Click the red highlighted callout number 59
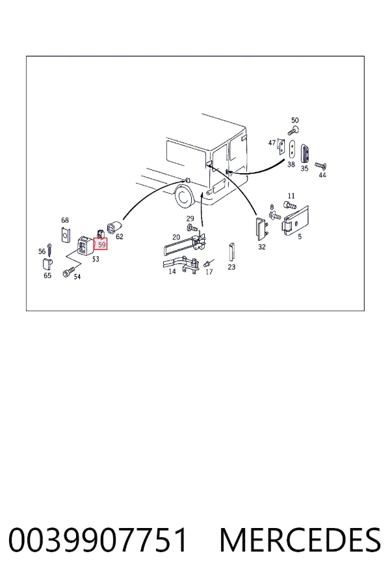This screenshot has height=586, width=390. coord(101,245)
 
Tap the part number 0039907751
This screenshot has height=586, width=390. coord(97,540)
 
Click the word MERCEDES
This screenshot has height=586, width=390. coord(300,540)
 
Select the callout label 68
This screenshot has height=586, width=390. coord(65,220)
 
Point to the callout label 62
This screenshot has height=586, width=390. coord(120,236)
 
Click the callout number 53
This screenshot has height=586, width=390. coord(96,258)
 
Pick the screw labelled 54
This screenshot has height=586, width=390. coord(69,273)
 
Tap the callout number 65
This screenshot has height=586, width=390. coord(47,275)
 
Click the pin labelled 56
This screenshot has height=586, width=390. coord(49,249)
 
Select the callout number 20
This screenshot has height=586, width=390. coord(176,237)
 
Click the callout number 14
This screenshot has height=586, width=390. coord(172,272)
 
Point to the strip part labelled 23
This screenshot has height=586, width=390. coord(231,253)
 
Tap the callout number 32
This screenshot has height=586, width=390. coord(261,247)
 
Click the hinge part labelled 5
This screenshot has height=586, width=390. coord(296,221)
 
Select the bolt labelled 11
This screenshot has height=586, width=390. coord(290,205)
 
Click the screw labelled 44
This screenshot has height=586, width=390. coord(321,165)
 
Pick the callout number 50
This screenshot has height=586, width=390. coord(295,120)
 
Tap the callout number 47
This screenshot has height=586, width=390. coord(272,143)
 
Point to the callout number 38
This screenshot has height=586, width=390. coord(291,164)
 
